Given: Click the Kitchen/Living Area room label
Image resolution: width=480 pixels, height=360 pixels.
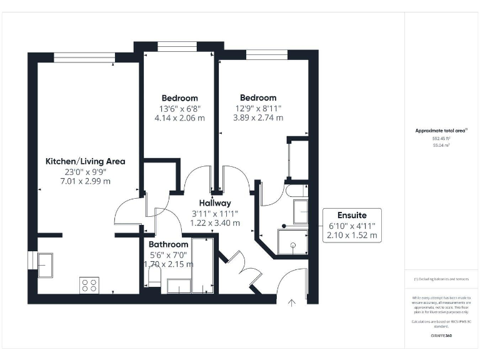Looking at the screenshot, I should pyautogui.click(x=85, y=161).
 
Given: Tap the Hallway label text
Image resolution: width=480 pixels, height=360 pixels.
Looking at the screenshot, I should pyautogui.click(x=215, y=203).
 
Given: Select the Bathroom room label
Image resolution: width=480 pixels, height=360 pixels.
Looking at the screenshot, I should pyautogui.click(x=168, y=244).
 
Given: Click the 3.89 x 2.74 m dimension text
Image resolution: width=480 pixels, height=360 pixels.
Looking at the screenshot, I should pyautogui.click(x=259, y=117).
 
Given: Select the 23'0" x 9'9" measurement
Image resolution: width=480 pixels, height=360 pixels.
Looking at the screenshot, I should pyautogui.click(x=85, y=171).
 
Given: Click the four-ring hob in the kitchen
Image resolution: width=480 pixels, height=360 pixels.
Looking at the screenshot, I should pyautogui.click(x=89, y=285).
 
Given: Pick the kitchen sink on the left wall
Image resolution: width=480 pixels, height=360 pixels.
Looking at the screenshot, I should pyautogui.click(x=45, y=266).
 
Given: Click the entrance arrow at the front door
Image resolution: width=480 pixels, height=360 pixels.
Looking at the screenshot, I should pyautogui.click(x=291, y=303).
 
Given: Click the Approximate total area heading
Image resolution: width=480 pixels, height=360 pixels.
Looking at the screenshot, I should pyautogui.click(x=441, y=131).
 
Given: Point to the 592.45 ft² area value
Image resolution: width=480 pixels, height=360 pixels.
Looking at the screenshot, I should pyautogui.click(x=441, y=139).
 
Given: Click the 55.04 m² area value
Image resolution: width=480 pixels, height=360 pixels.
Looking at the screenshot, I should pyautogui.click(x=441, y=145).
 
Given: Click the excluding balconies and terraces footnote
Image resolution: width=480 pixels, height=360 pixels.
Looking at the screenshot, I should pyautogui.click(x=441, y=279).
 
